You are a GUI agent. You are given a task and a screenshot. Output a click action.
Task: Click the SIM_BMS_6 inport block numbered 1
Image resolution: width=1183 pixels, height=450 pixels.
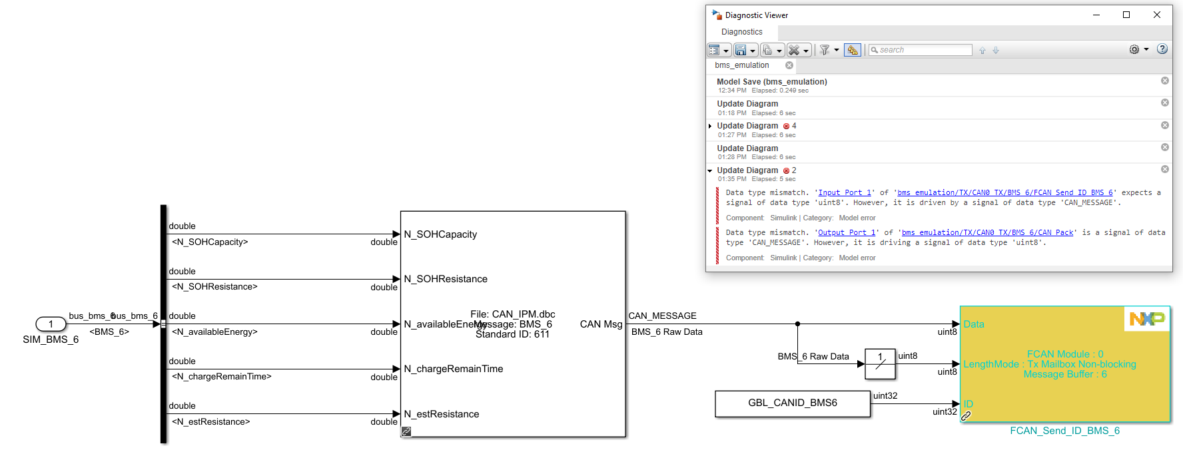(51, 324)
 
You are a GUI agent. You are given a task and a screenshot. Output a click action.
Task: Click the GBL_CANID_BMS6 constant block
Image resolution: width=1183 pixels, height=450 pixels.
(792, 403)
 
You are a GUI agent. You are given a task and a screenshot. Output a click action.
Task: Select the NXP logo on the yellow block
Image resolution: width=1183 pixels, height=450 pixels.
(1146, 319)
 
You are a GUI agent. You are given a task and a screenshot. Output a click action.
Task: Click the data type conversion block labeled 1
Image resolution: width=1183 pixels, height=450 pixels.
(880, 363)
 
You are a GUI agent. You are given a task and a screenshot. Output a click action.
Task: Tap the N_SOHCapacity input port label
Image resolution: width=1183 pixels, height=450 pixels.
(440, 234)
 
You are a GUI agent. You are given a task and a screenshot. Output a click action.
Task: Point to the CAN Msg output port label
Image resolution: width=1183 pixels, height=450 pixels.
(601, 324)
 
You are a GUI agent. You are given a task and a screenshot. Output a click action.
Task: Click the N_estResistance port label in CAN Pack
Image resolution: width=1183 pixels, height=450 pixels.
(441, 414)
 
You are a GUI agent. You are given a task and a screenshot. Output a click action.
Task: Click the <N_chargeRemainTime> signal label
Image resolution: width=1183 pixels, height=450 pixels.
(222, 377)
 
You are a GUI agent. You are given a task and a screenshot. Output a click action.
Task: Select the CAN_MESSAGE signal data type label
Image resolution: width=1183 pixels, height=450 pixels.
(662, 316)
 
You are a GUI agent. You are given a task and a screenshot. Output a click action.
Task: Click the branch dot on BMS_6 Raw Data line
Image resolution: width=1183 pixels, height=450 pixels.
(797, 324)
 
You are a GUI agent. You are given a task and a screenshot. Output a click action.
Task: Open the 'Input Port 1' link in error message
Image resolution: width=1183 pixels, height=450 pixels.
(845, 193)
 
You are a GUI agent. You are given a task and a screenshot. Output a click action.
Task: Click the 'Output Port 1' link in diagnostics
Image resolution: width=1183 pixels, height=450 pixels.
(847, 233)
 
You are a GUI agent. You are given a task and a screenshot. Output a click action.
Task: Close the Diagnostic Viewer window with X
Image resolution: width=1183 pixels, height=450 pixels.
(1157, 15)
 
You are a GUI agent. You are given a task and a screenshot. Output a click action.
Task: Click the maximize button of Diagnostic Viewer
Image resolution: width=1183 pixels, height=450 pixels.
(1126, 15)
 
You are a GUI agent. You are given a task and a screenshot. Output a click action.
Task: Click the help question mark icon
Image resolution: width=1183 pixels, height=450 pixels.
(1162, 49)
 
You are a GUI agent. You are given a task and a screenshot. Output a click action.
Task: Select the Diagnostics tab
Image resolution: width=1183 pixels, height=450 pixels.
(741, 32)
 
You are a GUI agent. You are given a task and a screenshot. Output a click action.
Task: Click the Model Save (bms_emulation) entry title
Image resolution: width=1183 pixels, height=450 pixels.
(771, 82)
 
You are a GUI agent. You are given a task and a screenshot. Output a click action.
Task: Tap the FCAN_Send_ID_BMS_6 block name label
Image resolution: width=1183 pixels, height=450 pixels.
(1064, 431)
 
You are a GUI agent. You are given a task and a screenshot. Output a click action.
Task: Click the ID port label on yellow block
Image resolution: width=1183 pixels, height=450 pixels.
(968, 404)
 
